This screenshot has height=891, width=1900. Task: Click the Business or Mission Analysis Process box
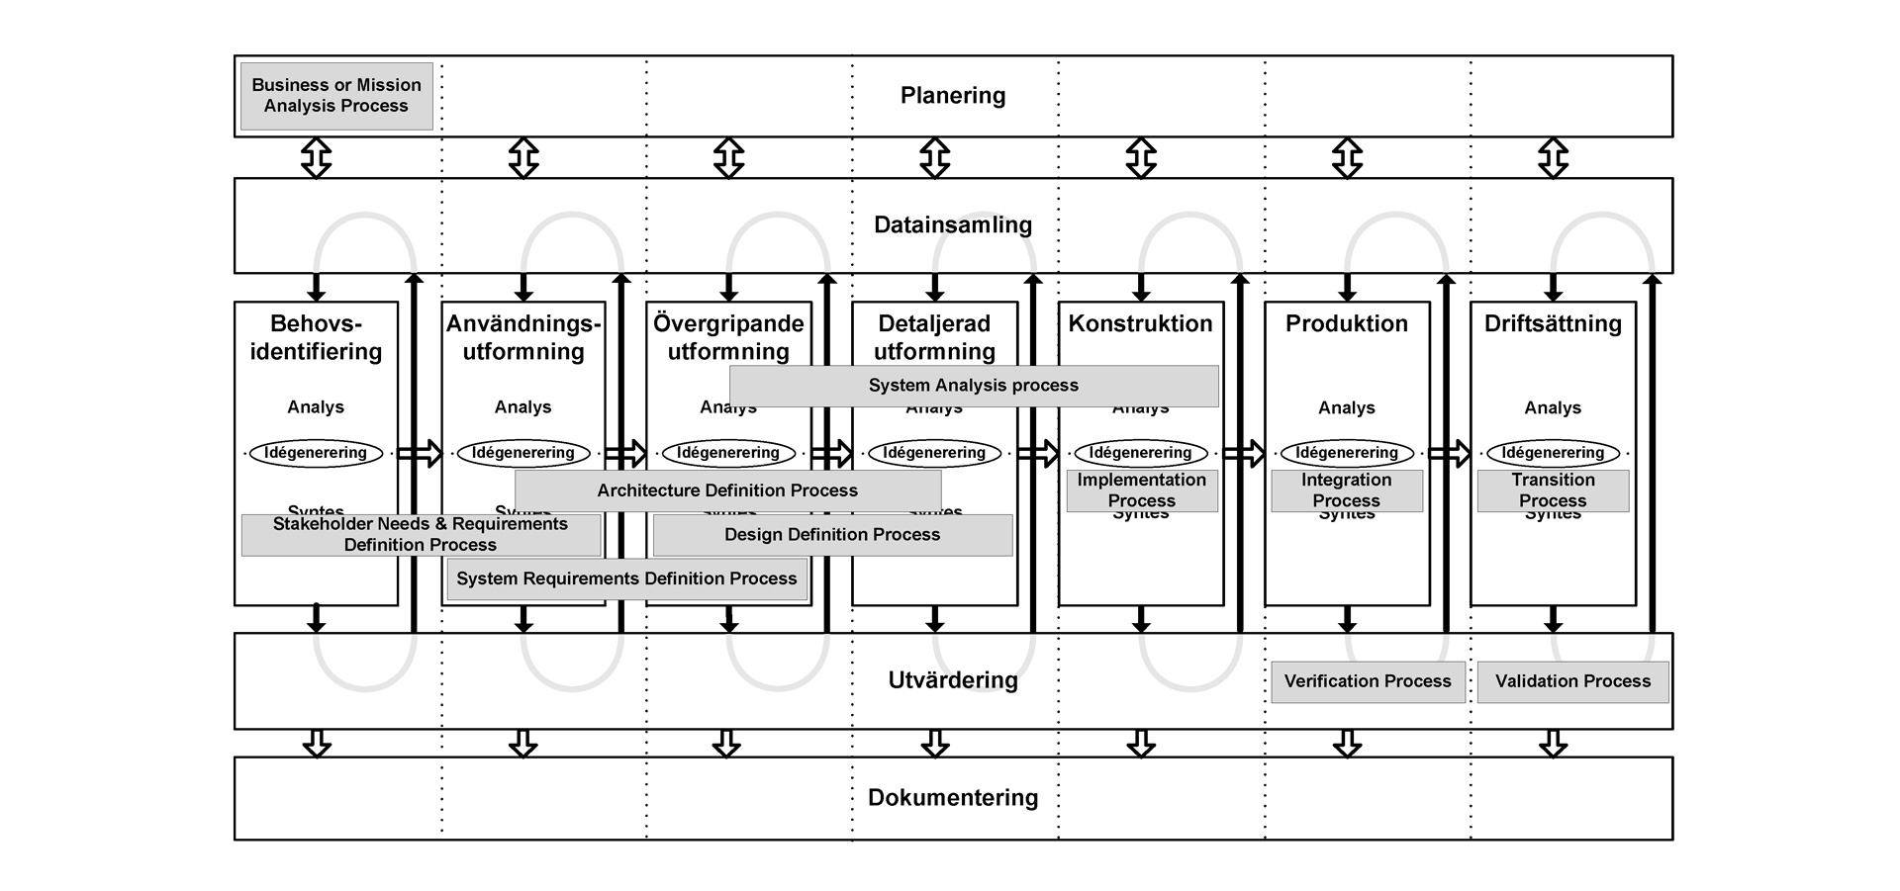[x=336, y=96]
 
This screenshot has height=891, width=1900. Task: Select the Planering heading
[x=952, y=96]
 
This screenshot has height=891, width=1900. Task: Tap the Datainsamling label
[x=952, y=225]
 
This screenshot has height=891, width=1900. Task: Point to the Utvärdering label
[x=952, y=680]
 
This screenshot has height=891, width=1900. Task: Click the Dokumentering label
[x=952, y=798]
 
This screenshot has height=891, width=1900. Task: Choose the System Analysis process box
[x=974, y=386]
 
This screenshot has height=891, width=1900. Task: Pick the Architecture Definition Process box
[x=727, y=490]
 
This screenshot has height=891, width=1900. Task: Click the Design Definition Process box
[x=832, y=535]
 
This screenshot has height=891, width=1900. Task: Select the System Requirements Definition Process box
[x=626, y=579]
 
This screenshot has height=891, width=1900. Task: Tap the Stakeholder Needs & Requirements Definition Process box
[x=421, y=535]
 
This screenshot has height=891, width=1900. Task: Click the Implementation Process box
[x=1141, y=490]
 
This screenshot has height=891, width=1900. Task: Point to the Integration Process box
[x=1346, y=490]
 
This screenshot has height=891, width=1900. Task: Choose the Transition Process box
[x=1553, y=490]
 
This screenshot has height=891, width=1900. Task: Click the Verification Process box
[x=1368, y=681]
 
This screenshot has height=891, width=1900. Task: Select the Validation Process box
[x=1572, y=681]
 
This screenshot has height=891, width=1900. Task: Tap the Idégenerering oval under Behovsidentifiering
[x=316, y=453]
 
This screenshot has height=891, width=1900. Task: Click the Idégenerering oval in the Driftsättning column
[x=1553, y=453]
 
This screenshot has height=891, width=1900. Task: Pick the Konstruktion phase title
[x=1140, y=323]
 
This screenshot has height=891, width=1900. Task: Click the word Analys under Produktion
[x=1346, y=407]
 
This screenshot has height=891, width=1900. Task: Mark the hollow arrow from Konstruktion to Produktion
[x=1244, y=454]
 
